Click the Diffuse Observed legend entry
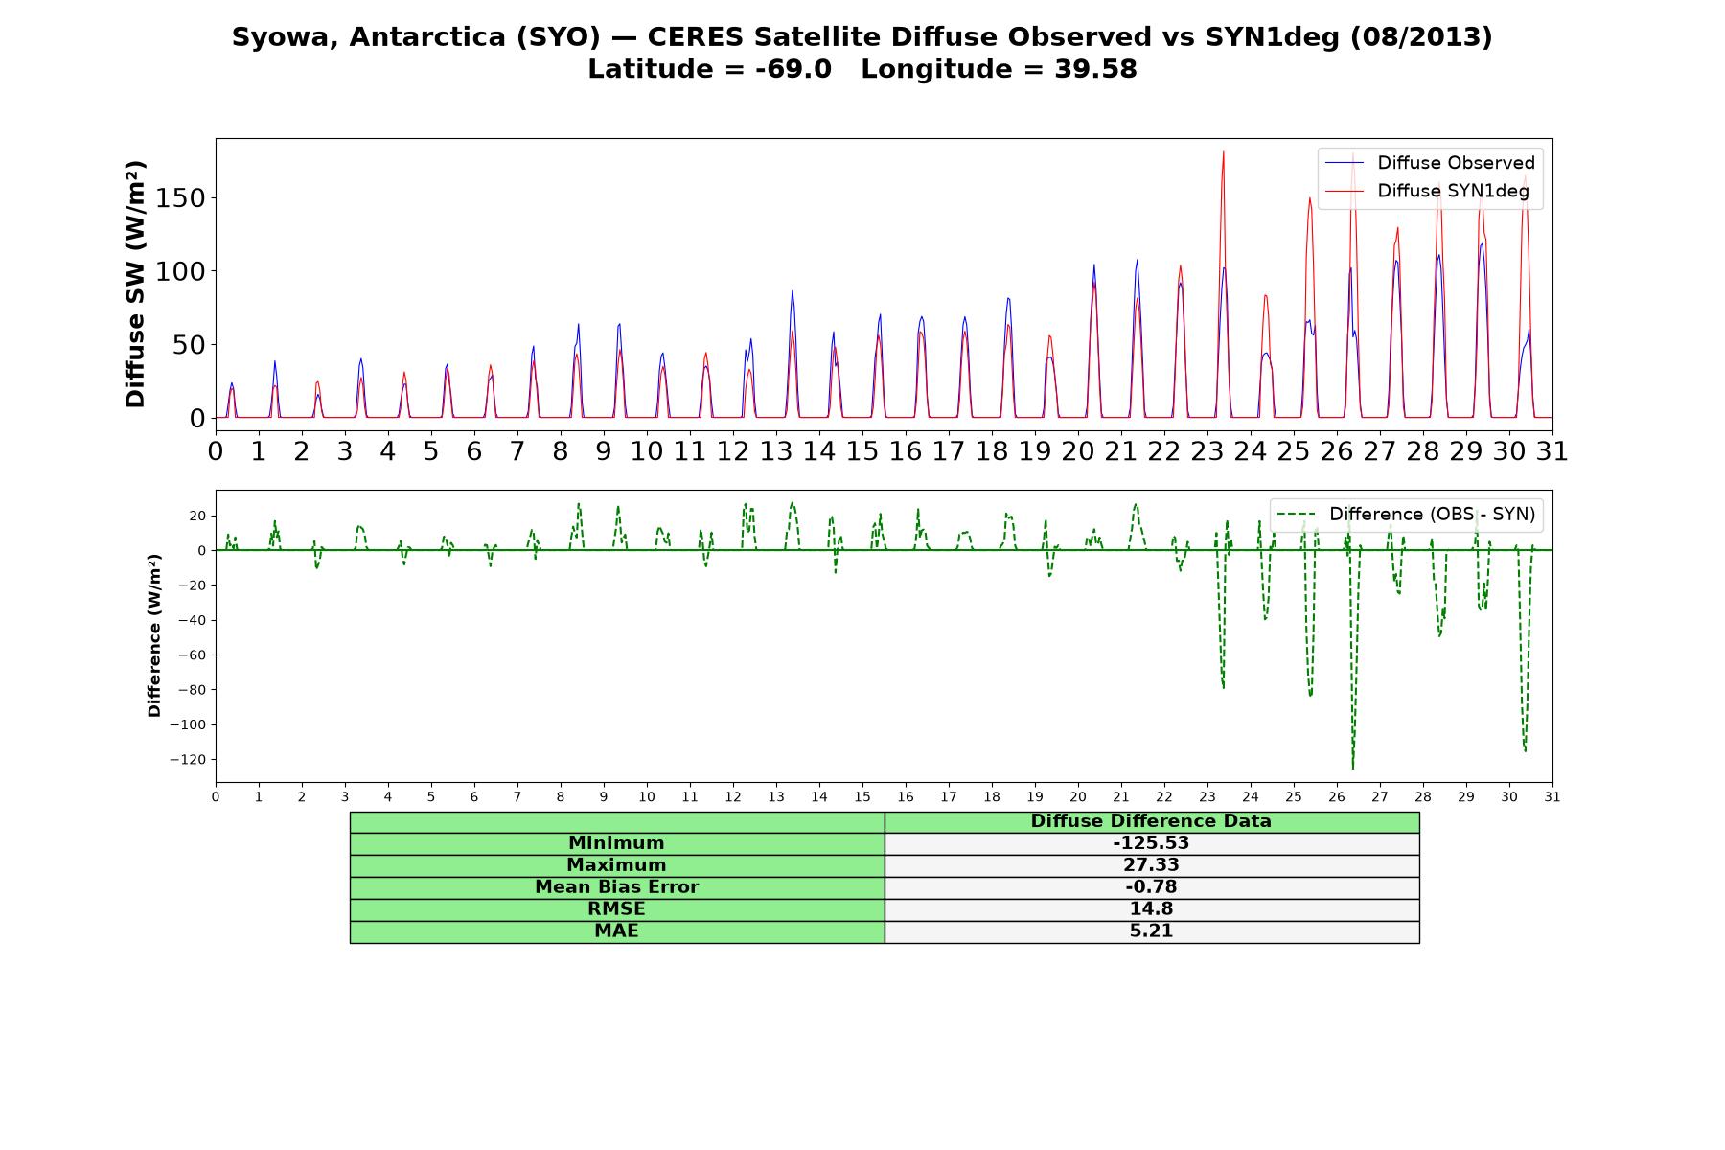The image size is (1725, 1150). click(x=1430, y=163)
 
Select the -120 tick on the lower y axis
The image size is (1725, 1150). click(x=188, y=760)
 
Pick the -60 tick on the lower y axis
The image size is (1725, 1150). click(x=192, y=655)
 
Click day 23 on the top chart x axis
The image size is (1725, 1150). click(x=1207, y=451)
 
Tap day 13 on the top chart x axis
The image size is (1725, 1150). click(x=775, y=451)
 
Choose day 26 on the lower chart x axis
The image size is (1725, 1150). click(x=1337, y=797)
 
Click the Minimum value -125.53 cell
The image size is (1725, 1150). click(x=1151, y=843)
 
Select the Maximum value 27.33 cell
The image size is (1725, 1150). click(x=1151, y=865)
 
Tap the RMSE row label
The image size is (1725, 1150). click(x=616, y=909)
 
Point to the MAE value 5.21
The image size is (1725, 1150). click(x=1151, y=931)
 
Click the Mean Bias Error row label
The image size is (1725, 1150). click(x=616, y=887)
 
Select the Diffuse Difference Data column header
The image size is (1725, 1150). click(x=1151, y=821)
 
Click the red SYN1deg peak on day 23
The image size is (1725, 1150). click(x=1223, y=151)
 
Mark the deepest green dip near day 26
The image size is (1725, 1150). click(x=1353, y=768)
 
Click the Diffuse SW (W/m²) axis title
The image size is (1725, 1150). click(x=136, y=285)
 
